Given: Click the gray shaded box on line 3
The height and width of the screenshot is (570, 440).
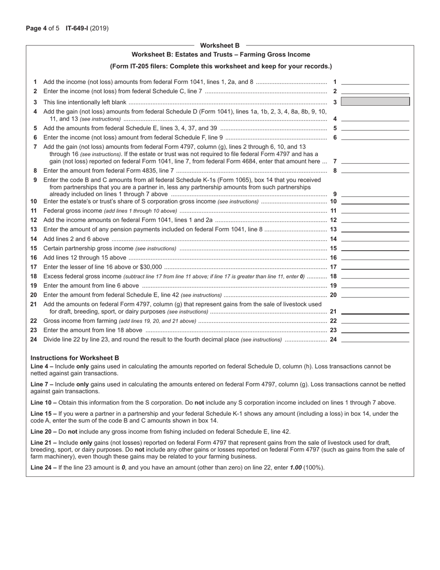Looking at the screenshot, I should pos(375,101).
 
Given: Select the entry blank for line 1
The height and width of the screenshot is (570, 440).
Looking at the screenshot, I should pos(375,82).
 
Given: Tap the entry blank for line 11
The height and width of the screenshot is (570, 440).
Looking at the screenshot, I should pos(375,210).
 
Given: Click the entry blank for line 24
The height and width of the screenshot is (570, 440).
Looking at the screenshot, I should pos(375,339).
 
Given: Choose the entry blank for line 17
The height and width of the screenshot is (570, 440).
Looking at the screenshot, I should pos(375,266).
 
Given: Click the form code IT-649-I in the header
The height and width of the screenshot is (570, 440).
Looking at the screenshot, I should pos(77,28).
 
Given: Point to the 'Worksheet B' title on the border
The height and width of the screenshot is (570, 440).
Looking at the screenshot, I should pos(220,45).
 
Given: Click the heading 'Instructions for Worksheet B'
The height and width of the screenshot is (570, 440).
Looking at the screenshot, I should pos(75,358).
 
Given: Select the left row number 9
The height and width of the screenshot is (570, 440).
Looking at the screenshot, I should pos(35,180).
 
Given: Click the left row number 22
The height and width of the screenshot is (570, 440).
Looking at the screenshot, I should pos(33,321).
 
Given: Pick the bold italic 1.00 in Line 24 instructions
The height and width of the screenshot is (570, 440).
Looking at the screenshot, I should pos(297,467).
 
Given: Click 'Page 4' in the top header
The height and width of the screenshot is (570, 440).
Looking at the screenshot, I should pos(36,28).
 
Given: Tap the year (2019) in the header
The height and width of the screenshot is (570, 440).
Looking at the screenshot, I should pos(100,28).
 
